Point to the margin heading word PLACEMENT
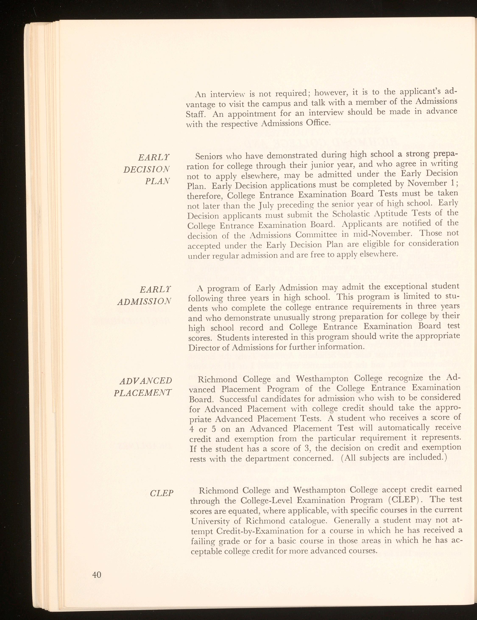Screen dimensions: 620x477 (x=143, y=393)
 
